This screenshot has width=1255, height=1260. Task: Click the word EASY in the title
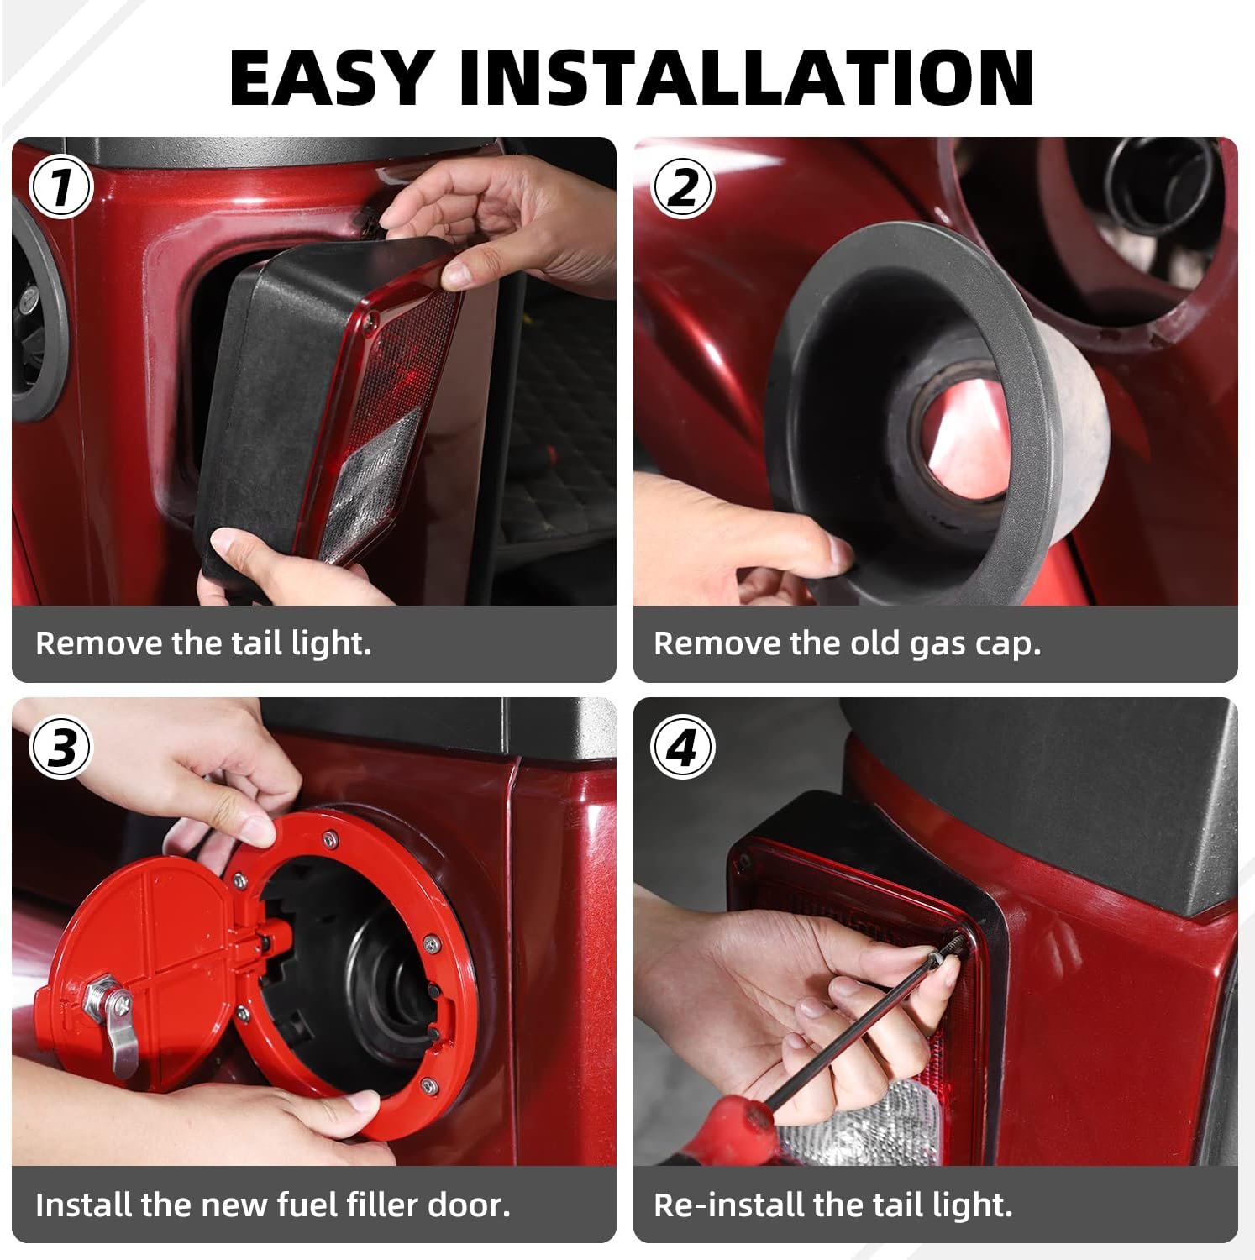[x=332, y=77]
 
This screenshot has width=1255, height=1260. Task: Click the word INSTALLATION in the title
[x=746, y=77]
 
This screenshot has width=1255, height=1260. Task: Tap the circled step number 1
[x=60, y=187]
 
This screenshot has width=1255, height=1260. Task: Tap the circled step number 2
[x=682, y=187]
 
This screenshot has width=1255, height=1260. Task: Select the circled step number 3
[x=60, y=747]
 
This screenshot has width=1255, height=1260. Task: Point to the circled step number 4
[x=682, y=747]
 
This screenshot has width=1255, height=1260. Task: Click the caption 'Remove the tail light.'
[x=203, y=643]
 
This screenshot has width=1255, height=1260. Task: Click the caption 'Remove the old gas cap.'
[x=847, y=643]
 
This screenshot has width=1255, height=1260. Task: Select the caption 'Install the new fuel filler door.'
[x=273, y=1205]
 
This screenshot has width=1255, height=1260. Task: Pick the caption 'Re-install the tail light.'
[x=833, y=1205]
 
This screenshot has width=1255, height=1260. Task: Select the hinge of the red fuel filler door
[x=257, y=945]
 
